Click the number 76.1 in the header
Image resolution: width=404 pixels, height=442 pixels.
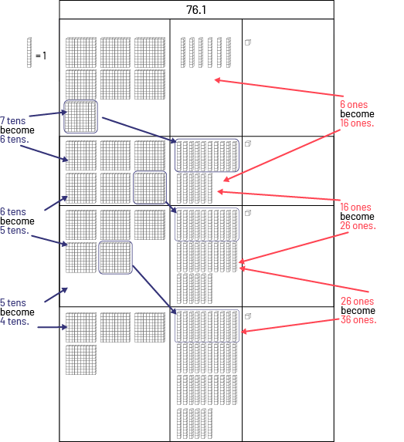196,10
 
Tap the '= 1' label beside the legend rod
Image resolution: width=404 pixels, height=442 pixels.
41,56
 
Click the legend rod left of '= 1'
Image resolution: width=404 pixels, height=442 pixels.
29,52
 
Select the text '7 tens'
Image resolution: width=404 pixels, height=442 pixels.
13,120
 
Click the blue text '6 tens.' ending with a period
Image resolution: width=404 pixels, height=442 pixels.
15,139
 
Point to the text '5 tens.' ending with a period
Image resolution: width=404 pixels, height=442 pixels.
15,230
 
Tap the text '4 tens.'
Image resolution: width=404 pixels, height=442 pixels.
15,321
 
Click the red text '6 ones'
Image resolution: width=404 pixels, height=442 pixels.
354,104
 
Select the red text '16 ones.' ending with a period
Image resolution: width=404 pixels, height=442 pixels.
357,123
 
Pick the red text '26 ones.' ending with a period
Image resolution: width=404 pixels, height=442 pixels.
358,225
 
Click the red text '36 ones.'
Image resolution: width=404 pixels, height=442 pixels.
358,319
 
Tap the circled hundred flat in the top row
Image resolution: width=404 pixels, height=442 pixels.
81,116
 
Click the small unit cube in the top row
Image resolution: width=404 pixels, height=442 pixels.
248,42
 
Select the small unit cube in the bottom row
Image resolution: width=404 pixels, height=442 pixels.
248,316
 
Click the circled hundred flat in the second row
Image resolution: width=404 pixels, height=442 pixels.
150,187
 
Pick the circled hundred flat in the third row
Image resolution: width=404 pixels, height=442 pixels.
115,258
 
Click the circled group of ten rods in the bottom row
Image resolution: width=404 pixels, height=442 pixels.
207,326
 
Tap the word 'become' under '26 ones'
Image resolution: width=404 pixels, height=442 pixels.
358,310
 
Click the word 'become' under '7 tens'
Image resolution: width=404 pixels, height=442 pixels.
17,130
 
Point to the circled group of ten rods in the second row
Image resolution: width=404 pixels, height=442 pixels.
207,155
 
